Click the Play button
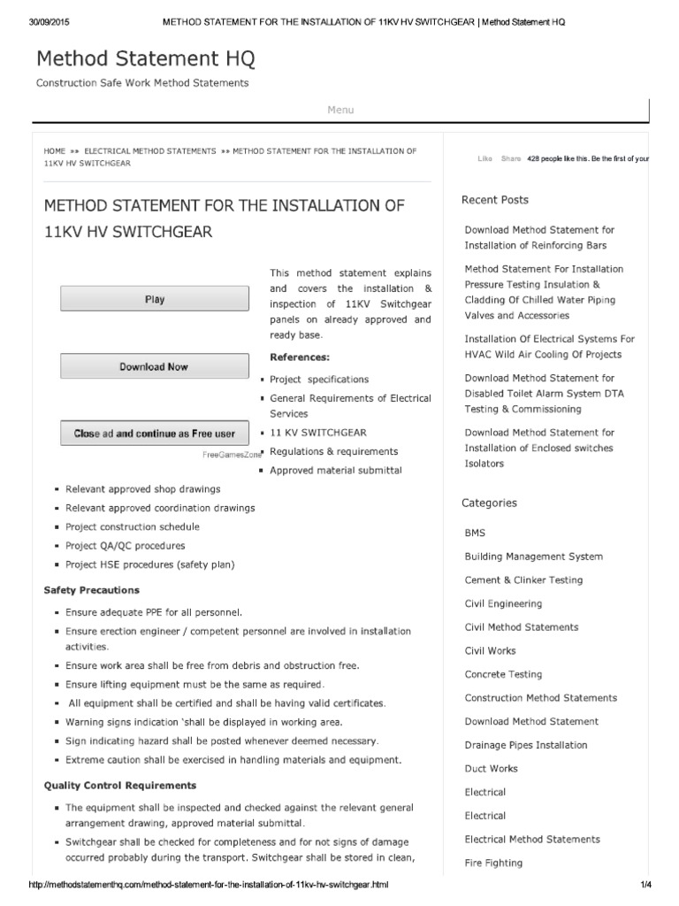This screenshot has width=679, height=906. (155, 299)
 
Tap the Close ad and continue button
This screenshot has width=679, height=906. (155, 434)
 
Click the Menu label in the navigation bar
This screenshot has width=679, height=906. (340, 110)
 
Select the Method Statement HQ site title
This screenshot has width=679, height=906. (146, 59)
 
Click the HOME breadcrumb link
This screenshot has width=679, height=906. (55, 151)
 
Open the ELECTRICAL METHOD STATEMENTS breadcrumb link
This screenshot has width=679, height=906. (149, 151)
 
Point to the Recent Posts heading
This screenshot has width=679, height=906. (495, 200)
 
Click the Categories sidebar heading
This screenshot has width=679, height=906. (489, 503)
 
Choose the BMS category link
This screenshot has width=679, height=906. (475, 534)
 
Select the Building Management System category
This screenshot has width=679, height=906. (533, 557)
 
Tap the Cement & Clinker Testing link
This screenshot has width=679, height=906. (523, 580)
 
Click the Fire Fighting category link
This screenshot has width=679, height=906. (493, 863)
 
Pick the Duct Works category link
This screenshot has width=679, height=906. (491, 769)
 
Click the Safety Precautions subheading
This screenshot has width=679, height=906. (91, 590)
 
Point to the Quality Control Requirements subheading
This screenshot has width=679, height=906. (120, 786)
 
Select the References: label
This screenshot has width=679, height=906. (299, 357)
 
